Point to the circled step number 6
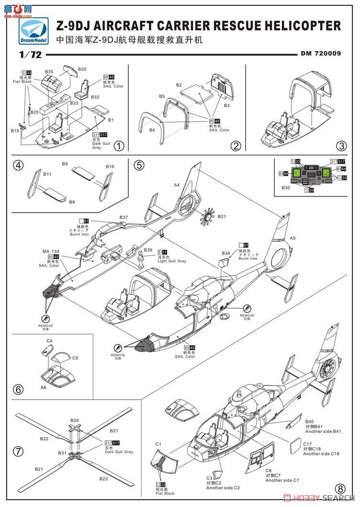click(x=18, y=389)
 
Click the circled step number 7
click(x=18, y=451)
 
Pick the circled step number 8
click(x=340, y=489)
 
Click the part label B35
click(x=49, y=72)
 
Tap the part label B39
click(x=148, y=250)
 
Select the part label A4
click(x=177, y=185)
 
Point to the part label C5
click(x=75, y=357)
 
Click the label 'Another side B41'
click(x=323, y=431)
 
